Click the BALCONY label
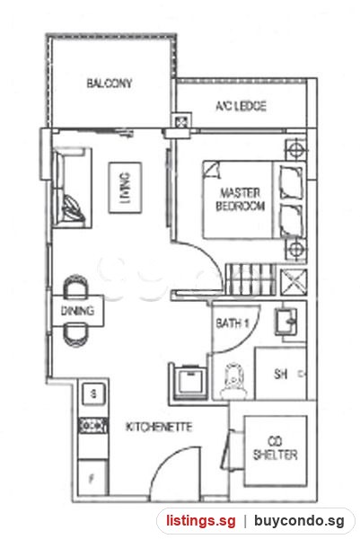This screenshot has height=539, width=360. click(x=110, y=84)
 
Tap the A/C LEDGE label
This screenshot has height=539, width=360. click(x=241, y=106)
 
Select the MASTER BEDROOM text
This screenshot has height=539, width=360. click(x=240, y=199)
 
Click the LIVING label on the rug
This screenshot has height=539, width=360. click(x=125, y=188)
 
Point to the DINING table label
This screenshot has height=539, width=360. click(x=77, y=311)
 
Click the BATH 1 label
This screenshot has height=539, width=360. click(x=233, y=323)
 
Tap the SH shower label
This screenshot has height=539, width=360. click(x=281, y=374)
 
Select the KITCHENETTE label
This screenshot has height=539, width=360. click(x=159, y=427)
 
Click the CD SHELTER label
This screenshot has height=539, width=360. click(x=275, y=448)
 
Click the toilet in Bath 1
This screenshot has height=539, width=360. click(x=233, y=381)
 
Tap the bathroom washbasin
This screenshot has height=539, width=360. click(x=286, y=322)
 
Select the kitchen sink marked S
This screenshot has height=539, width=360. click(x=93, y=393)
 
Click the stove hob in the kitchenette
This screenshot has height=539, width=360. click(x=93, y=426)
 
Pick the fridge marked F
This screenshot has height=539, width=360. click(x=92, y=478)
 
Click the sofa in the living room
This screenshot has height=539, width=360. click(x=72, y=188)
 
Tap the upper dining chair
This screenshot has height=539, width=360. click(x=76, y=286)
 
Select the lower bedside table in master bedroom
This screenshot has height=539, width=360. click(x=295, y=249)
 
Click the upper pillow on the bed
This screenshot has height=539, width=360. click(x=291, y=183)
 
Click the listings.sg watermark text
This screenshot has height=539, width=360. click(x=201, y=521)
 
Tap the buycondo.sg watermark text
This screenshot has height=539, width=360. click(x=299, y=521)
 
